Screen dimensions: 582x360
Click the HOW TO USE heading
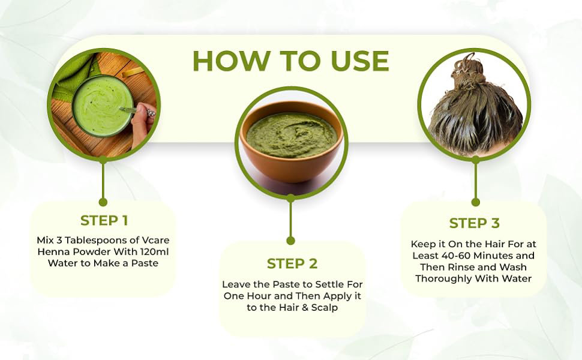[291, 61]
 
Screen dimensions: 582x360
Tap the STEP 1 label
[104, 220]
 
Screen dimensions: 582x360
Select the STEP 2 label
[292, 263]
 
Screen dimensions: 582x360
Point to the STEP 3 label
[475, 223]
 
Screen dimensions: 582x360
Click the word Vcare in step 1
[155, 240]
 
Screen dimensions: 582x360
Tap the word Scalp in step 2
[325, 307]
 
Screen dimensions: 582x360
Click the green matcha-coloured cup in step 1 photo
[103, 106]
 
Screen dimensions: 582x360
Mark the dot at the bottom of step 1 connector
[103, 202]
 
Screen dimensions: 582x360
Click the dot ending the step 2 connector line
[291, 241]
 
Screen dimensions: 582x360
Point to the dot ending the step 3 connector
[475, 202]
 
